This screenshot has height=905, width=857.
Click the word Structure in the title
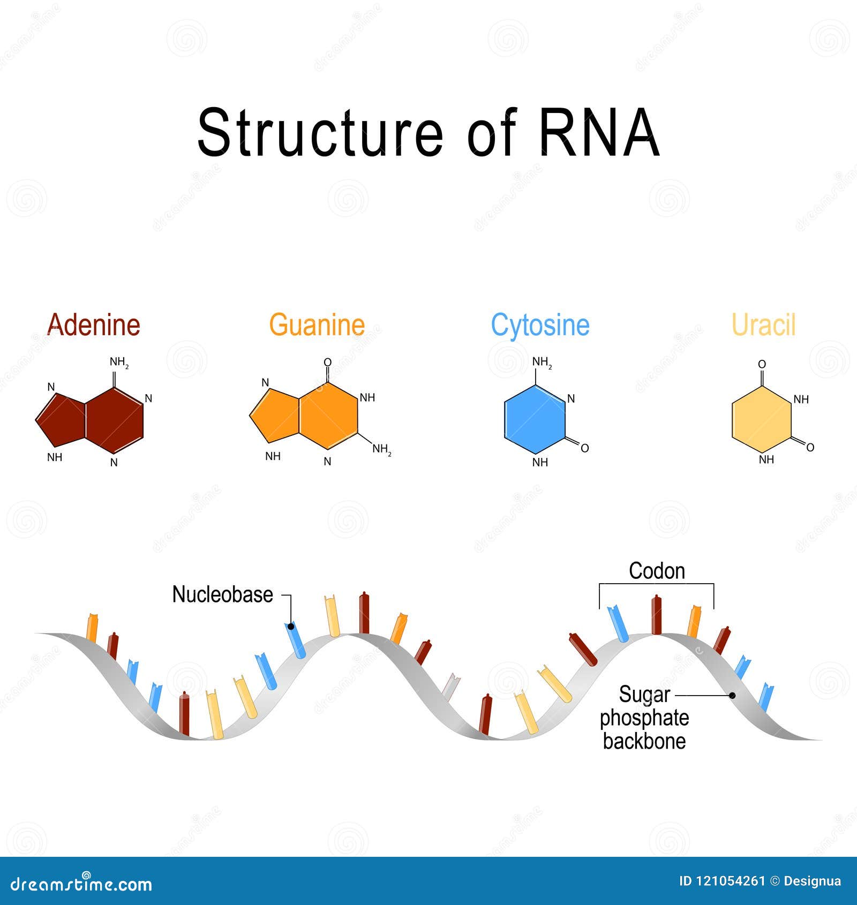[320, 133]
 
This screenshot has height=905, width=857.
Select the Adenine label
[94, 325]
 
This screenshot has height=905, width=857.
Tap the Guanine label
[317, 325]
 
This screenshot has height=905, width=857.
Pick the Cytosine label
[540, 325]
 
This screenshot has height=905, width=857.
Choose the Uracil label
[763, 325]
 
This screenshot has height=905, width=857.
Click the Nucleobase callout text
[222, 594]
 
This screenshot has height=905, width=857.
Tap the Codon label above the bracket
[657, 571]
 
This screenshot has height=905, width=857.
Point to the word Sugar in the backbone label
[644, 695]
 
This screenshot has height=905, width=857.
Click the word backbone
[644, 741]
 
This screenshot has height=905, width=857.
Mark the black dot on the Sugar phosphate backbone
[732, 695]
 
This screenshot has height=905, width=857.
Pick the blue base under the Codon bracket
[618, 623]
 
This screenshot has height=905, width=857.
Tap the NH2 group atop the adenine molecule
[119, 363]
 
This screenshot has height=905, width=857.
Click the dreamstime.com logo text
[81, 884]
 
